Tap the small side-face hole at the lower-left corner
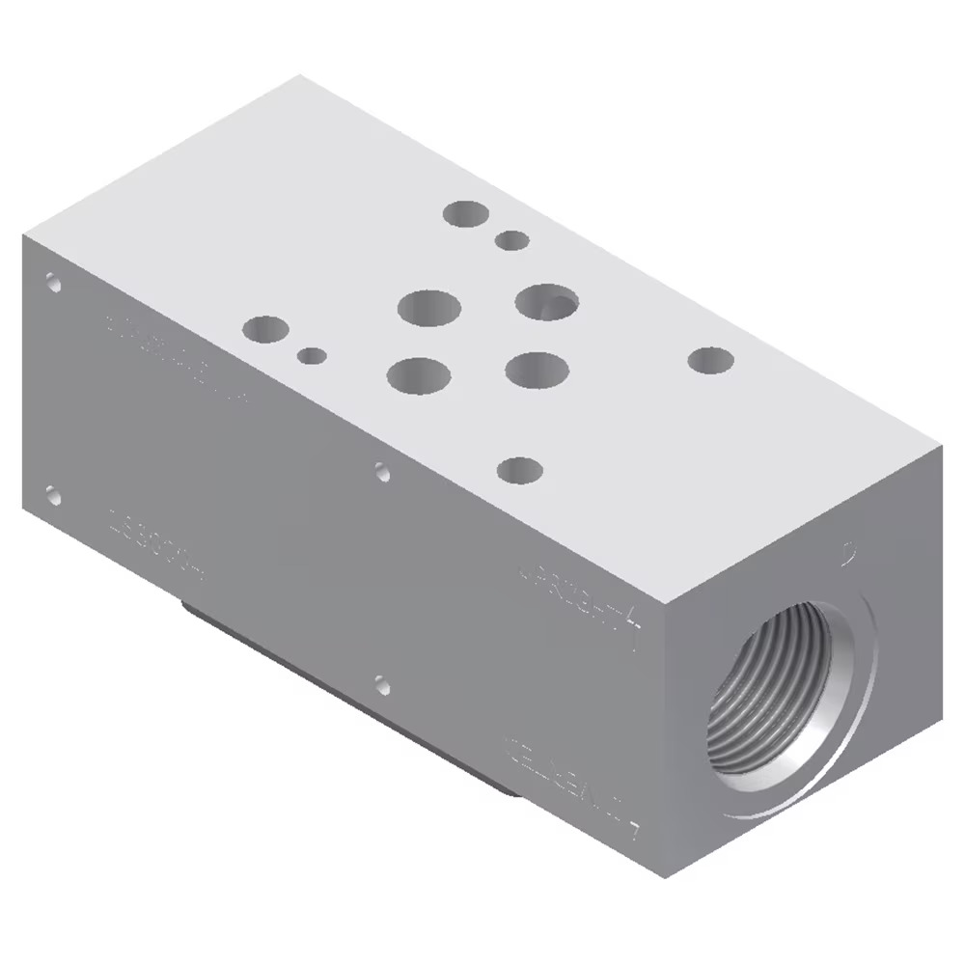(x=53, y=497)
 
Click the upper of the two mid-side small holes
(x=383, y=472)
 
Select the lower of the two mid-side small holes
(x=382, y=687)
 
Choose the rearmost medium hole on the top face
(x=466, y=213)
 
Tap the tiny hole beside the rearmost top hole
(x=511, y=240)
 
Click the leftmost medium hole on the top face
(x=266, y=330)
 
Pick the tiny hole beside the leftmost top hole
(x=311, y=356)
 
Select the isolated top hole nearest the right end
(x=711, y=361)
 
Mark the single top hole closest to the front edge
(x=519, y=470)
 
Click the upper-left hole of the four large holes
(x=428, y=309)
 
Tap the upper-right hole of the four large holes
(x=546, y=302)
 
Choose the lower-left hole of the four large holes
(x=418, y=374)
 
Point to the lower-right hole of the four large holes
(x=536, y=368)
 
